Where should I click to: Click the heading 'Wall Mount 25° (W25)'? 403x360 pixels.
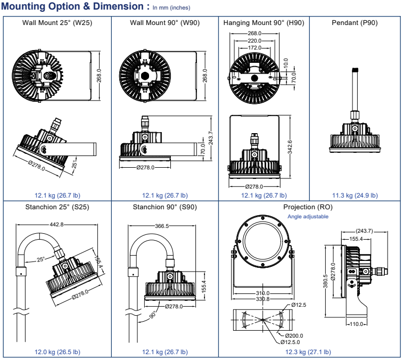[x=57, y=22]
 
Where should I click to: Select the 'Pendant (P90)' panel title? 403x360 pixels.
[x=355, y=22]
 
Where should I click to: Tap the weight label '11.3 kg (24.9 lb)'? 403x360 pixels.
[x=355, y=195]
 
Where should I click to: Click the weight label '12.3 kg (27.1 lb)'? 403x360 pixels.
[x=308, y=352]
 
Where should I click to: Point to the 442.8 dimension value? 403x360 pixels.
[x=56, y=225]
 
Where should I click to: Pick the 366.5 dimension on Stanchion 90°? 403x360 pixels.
[x=162, y=226]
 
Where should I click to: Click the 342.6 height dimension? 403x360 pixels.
[x=290, y=147]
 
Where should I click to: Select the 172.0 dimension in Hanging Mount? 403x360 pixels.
[x=254, y=48]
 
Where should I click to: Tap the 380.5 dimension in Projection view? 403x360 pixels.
[x=325, y=281]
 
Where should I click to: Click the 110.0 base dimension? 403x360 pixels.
[x=357, y=324]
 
